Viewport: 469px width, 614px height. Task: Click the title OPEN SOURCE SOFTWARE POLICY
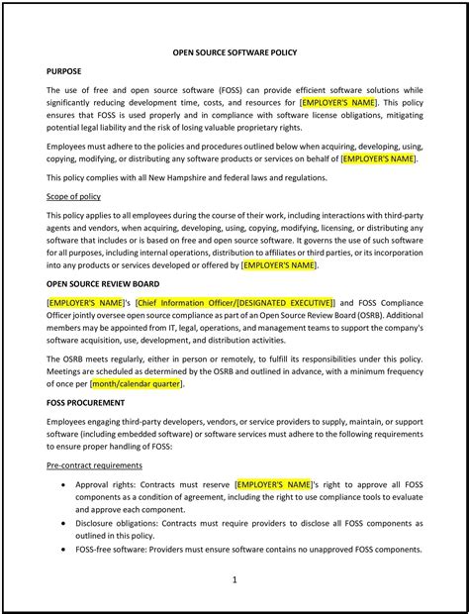[234, 51]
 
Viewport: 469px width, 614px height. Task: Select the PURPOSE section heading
[65, 71]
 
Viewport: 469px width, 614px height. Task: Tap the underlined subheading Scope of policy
[73, 196]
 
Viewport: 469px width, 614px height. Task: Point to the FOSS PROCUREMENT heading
[85, 403]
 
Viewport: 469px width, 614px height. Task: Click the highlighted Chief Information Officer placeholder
[235, 301]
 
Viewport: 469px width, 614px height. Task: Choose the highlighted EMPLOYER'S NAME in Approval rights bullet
[274, 484]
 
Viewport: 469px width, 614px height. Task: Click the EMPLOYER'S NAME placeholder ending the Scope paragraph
[279, 264]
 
